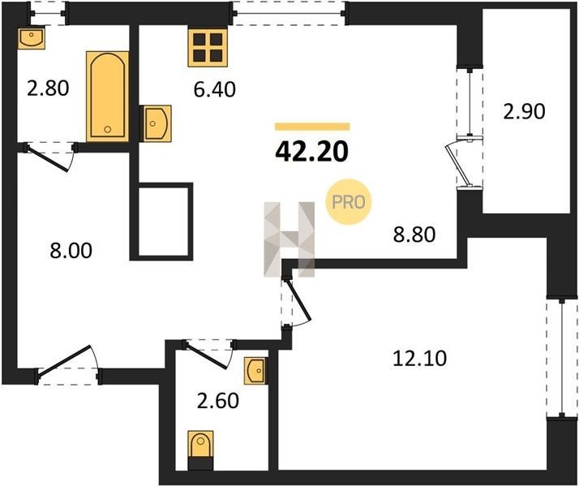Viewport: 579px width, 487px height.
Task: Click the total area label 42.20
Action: (311, 152)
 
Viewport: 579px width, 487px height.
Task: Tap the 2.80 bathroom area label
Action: (48, 88)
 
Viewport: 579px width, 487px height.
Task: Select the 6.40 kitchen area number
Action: (215, 90)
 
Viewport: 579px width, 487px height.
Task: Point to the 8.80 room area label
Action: (414, 235)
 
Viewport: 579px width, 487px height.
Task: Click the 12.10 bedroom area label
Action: (419, 359)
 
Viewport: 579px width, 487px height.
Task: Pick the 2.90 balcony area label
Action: (524, 111)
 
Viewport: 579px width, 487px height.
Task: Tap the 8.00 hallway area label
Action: (71, 251)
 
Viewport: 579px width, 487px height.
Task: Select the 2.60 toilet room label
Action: (218, 401)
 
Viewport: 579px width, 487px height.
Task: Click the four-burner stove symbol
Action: (207, 48)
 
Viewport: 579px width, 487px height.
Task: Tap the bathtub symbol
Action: (108, 97)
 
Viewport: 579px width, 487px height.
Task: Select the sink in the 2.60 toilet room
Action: (255, 371)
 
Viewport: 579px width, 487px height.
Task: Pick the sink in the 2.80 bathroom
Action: (32, 37)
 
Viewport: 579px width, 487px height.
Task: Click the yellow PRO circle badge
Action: (348, 202)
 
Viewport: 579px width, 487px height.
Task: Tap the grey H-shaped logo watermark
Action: (289, 239)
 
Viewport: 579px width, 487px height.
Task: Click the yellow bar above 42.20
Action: (312, 127)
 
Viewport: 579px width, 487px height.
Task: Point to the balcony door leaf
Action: (459, 165)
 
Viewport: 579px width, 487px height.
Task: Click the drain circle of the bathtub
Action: (108, 129)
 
